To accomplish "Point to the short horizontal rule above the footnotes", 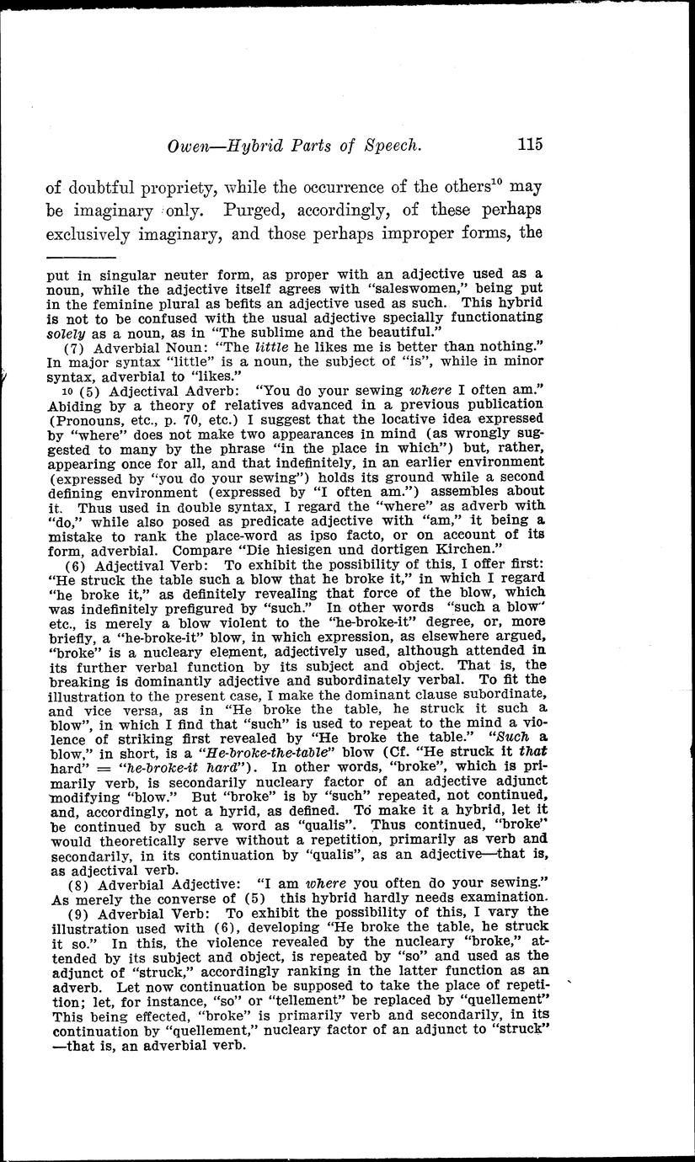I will [x=80, y=257].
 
